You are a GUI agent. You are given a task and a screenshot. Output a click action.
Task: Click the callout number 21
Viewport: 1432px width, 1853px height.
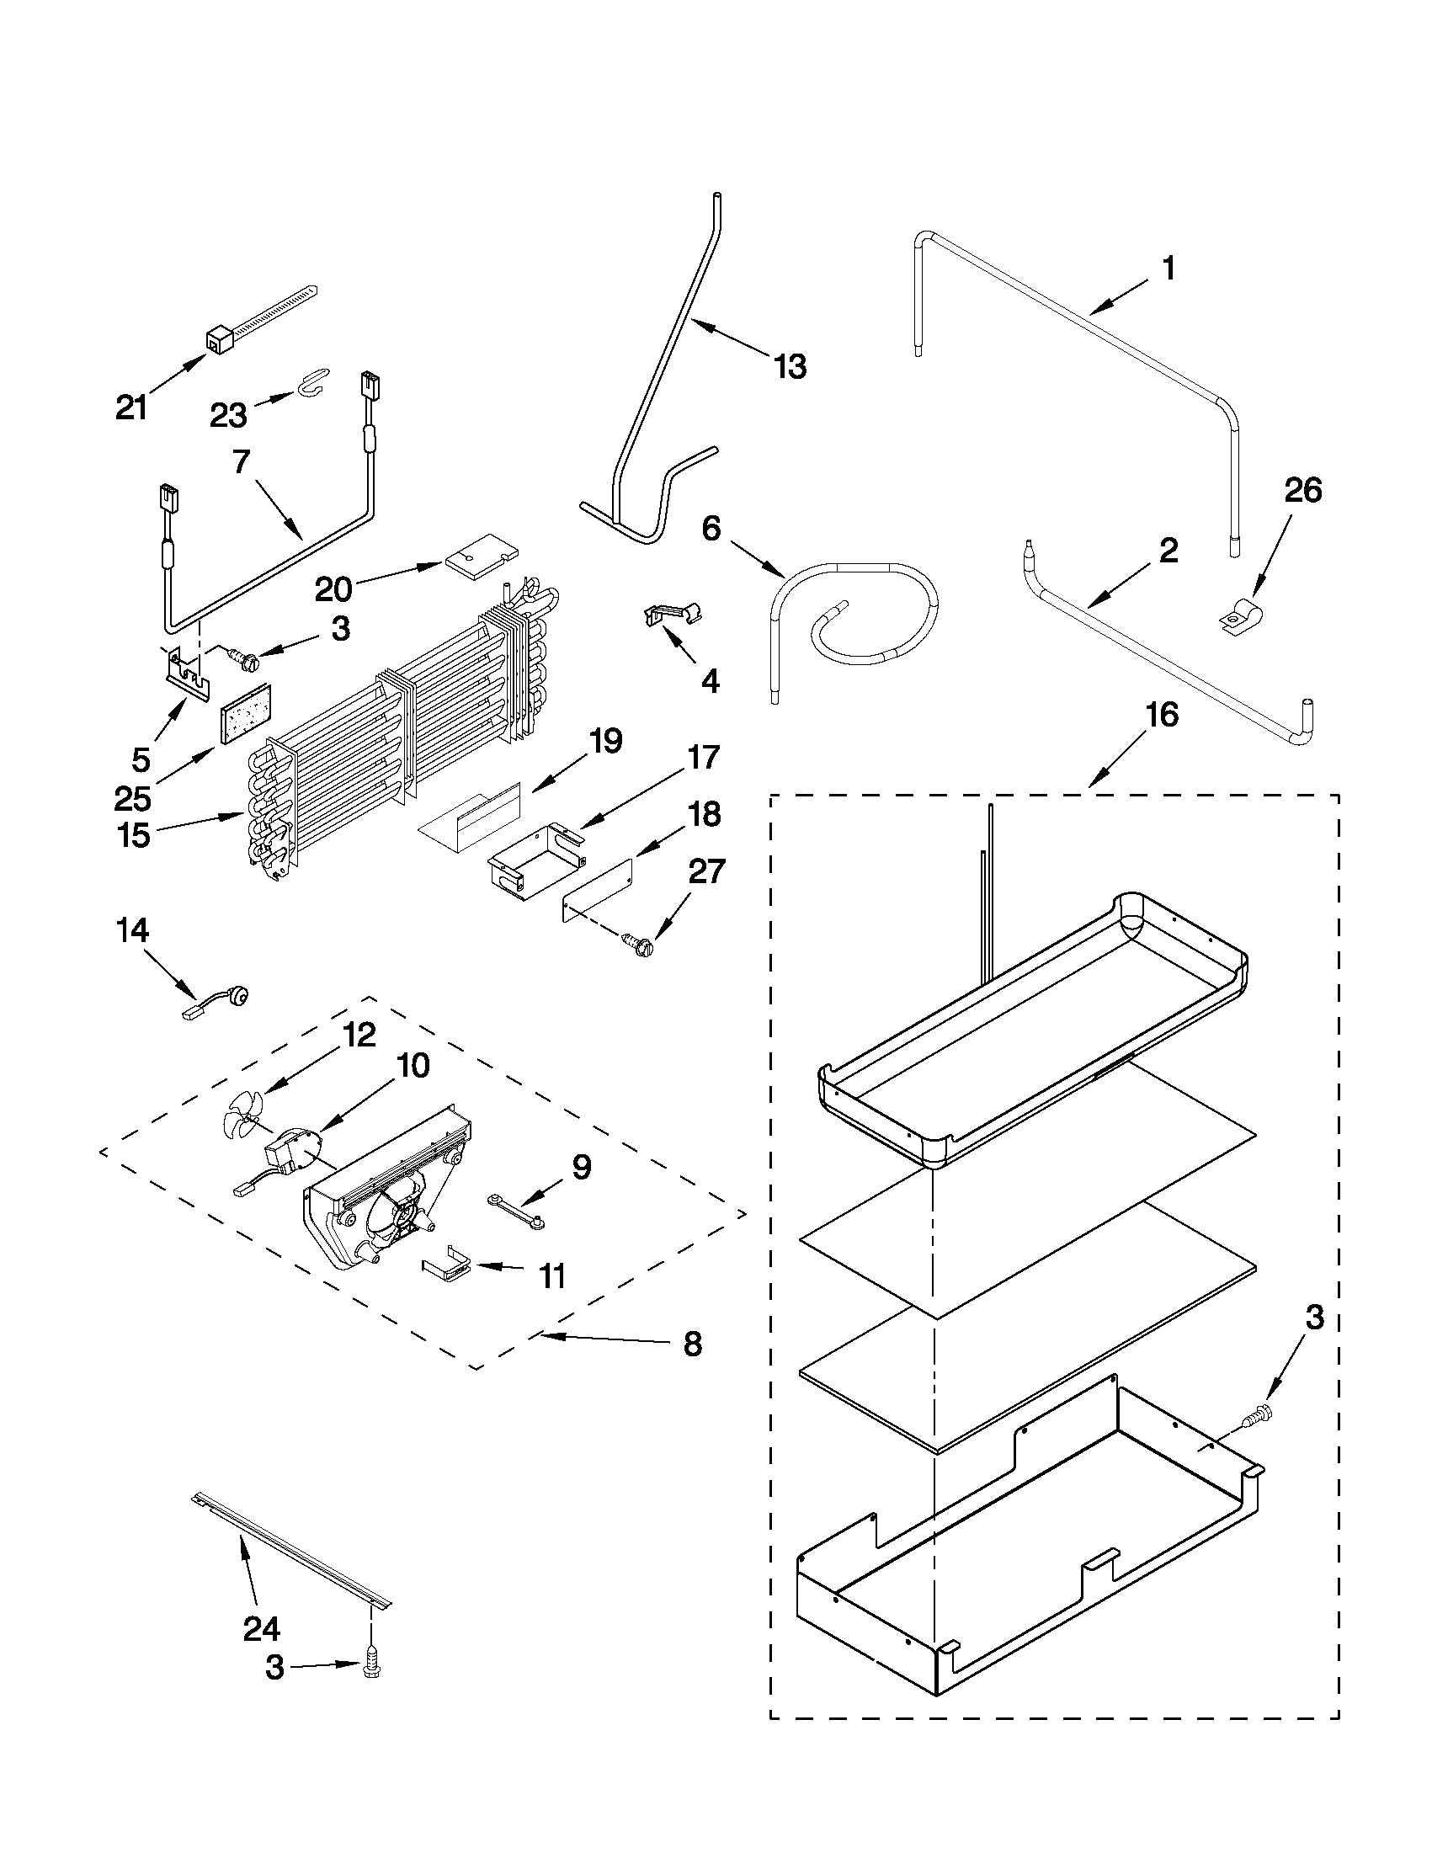pos(131,408)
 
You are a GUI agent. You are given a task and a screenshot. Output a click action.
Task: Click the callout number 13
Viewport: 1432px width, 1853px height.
pos(790,366)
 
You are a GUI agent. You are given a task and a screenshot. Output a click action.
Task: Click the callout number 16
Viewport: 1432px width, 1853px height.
pos(1162,716)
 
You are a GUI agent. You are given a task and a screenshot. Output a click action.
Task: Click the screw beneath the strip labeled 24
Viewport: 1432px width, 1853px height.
pos(370,1668)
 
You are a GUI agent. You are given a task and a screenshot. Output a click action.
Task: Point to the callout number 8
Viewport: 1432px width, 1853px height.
pos(692,1344)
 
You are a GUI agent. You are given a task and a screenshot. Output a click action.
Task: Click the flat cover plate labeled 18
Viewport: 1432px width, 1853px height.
pos(599,890)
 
